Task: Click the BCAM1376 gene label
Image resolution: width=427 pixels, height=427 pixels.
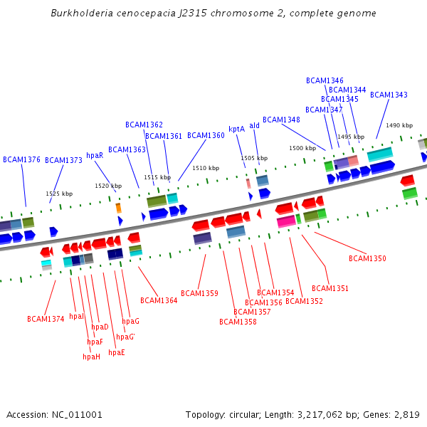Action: pyautogui.click(x=21, y=159)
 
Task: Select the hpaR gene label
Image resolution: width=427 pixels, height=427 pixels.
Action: pyautogui.click(x=95, y=155)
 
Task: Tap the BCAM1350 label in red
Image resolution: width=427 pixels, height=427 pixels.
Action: pyautogui.click(x=367, y=258)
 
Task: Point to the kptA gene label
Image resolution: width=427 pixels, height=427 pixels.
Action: pyautogui.click(x=236, y=129)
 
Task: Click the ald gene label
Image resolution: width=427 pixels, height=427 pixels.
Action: pyautogui.click(x=254, y=125)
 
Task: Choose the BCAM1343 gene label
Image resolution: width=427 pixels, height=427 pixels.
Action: pyautogui.click(x=389, y=95)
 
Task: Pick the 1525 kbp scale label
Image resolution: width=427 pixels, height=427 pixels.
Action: pyautogui.click(x=59, y=194)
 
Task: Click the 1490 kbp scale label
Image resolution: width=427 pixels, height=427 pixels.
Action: pyautogui.click(x=399, y=125)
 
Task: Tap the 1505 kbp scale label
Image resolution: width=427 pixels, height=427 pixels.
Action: pyautogui.click(x=254, y=158)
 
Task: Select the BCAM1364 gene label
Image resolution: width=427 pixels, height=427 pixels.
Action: pyautogui.click(x=159, y=300)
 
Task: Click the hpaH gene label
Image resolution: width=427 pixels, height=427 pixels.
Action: pyautogui.click(x=91, y=357)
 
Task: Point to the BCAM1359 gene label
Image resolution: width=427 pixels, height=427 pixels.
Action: pyautogui.click(x=199, y=293)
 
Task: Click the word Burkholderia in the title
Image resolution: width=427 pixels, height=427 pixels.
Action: pyautogui.click(x=84, y=14)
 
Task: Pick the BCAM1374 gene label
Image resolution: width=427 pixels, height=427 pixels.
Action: pyautogui.click(x=46, y=319)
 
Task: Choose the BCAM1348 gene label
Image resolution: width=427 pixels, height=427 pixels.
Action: pyautogui.click(x=281, y=120)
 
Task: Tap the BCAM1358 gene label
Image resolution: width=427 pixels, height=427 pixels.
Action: pyautogui.click(x=238, y=322)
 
